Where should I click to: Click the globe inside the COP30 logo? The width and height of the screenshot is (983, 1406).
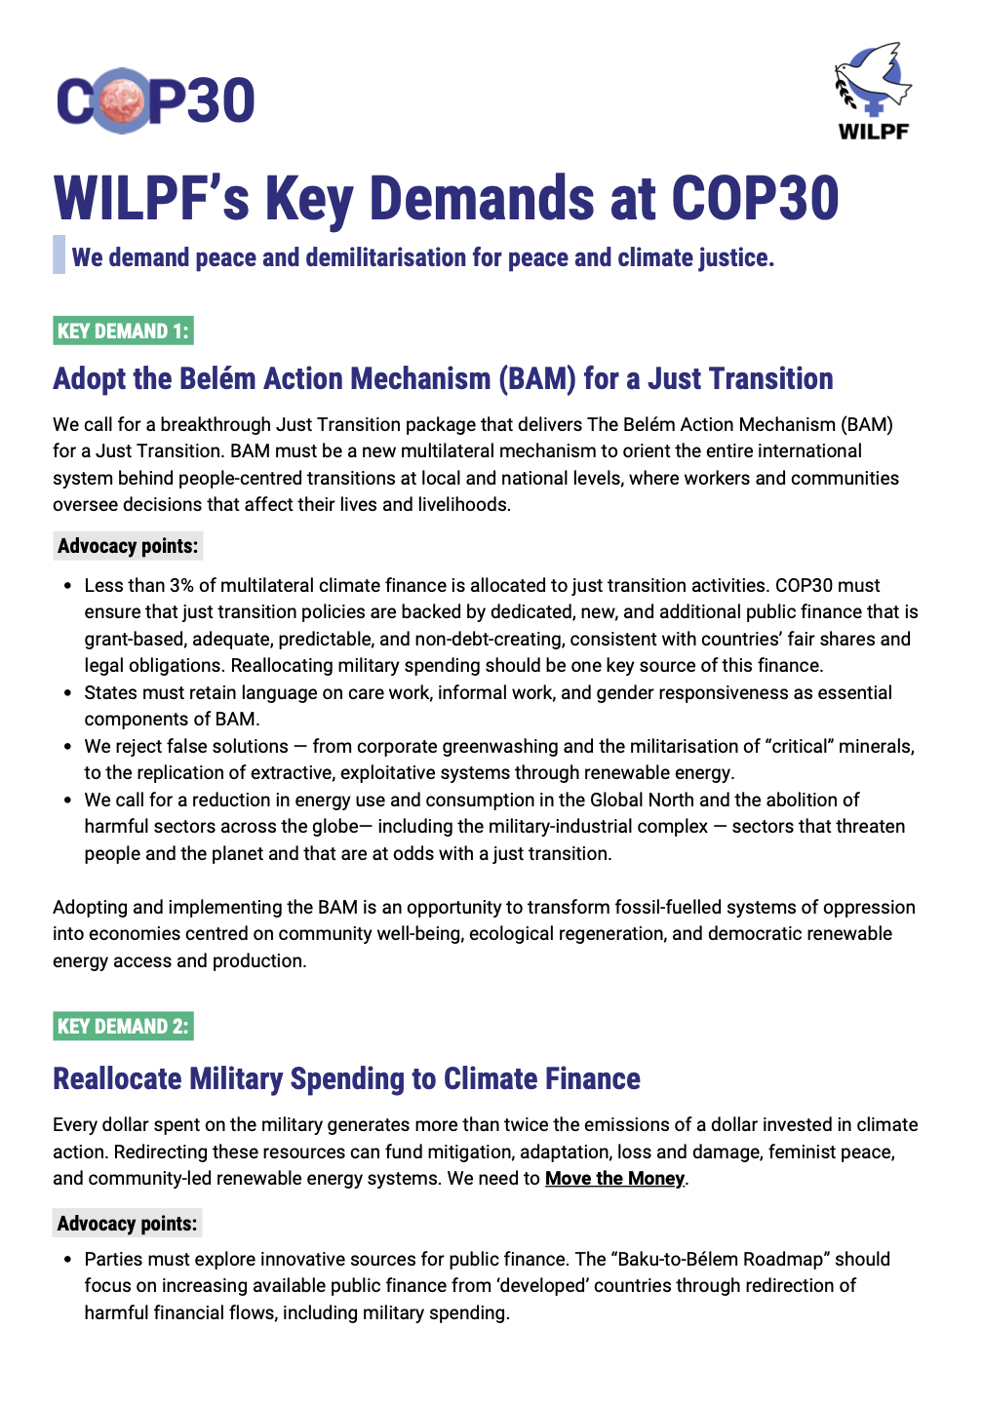124,99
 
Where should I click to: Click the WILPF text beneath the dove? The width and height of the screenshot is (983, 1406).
873,131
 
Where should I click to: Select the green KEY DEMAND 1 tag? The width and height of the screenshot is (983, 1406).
123,331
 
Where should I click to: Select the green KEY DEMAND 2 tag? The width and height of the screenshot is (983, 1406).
123,1026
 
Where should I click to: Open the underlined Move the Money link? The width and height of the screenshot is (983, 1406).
614,1178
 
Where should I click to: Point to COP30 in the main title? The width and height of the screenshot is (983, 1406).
755,199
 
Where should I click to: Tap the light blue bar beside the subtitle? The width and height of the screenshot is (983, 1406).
59,254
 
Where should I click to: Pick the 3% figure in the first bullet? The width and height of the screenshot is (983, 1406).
181,585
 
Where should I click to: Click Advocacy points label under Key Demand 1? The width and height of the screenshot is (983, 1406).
128,546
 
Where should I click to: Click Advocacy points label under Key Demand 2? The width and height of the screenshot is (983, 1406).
128,1223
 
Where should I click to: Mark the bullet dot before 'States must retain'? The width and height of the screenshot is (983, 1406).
67,693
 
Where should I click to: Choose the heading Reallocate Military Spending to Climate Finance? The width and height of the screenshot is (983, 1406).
346,1078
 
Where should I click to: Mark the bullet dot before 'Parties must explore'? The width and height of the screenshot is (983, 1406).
67,1260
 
